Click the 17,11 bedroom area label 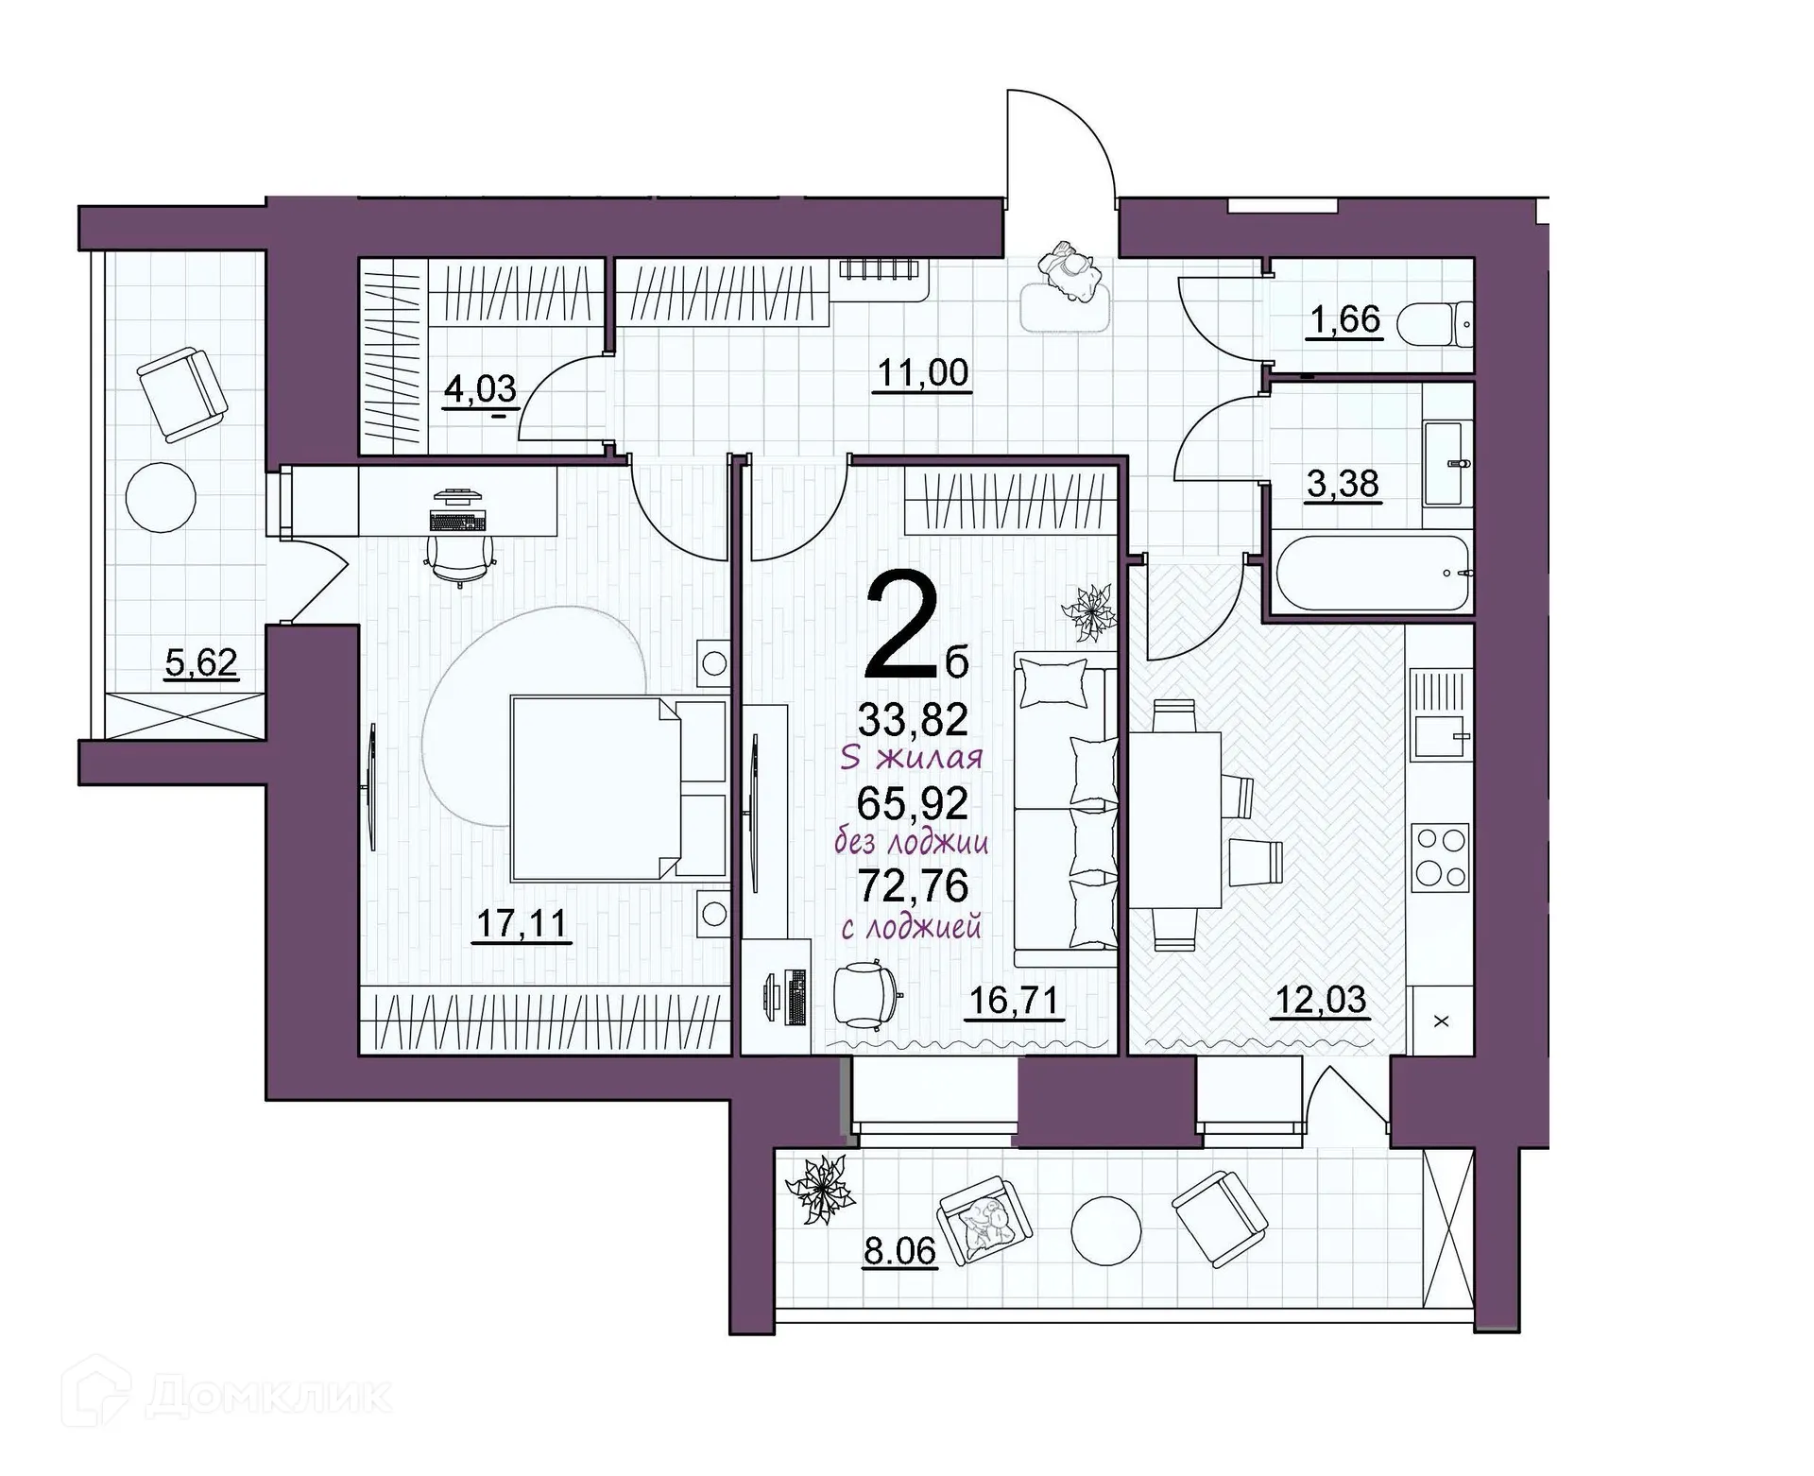pyautogui.click(x=522, y=923)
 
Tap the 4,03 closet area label pyautogui.click(x=480, y=389)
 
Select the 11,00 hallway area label pyautogui.click(x=922, y=373)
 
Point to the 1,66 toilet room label pyautogui.click(x=1345, y=319)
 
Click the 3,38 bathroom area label pyautogui.click(x=1343, y=484)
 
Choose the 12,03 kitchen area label pyautogui.click(x=1321, y=999)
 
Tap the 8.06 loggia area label pyautogui.click(x=899, y=1251)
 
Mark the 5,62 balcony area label pyautogui.click(x=200, y=663)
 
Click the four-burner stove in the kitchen pyautogui.click(x=1440, y=857)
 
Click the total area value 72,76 pyautogui.click(x=913, y=885)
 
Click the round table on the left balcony pyautogui.click(x=162, y=497)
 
